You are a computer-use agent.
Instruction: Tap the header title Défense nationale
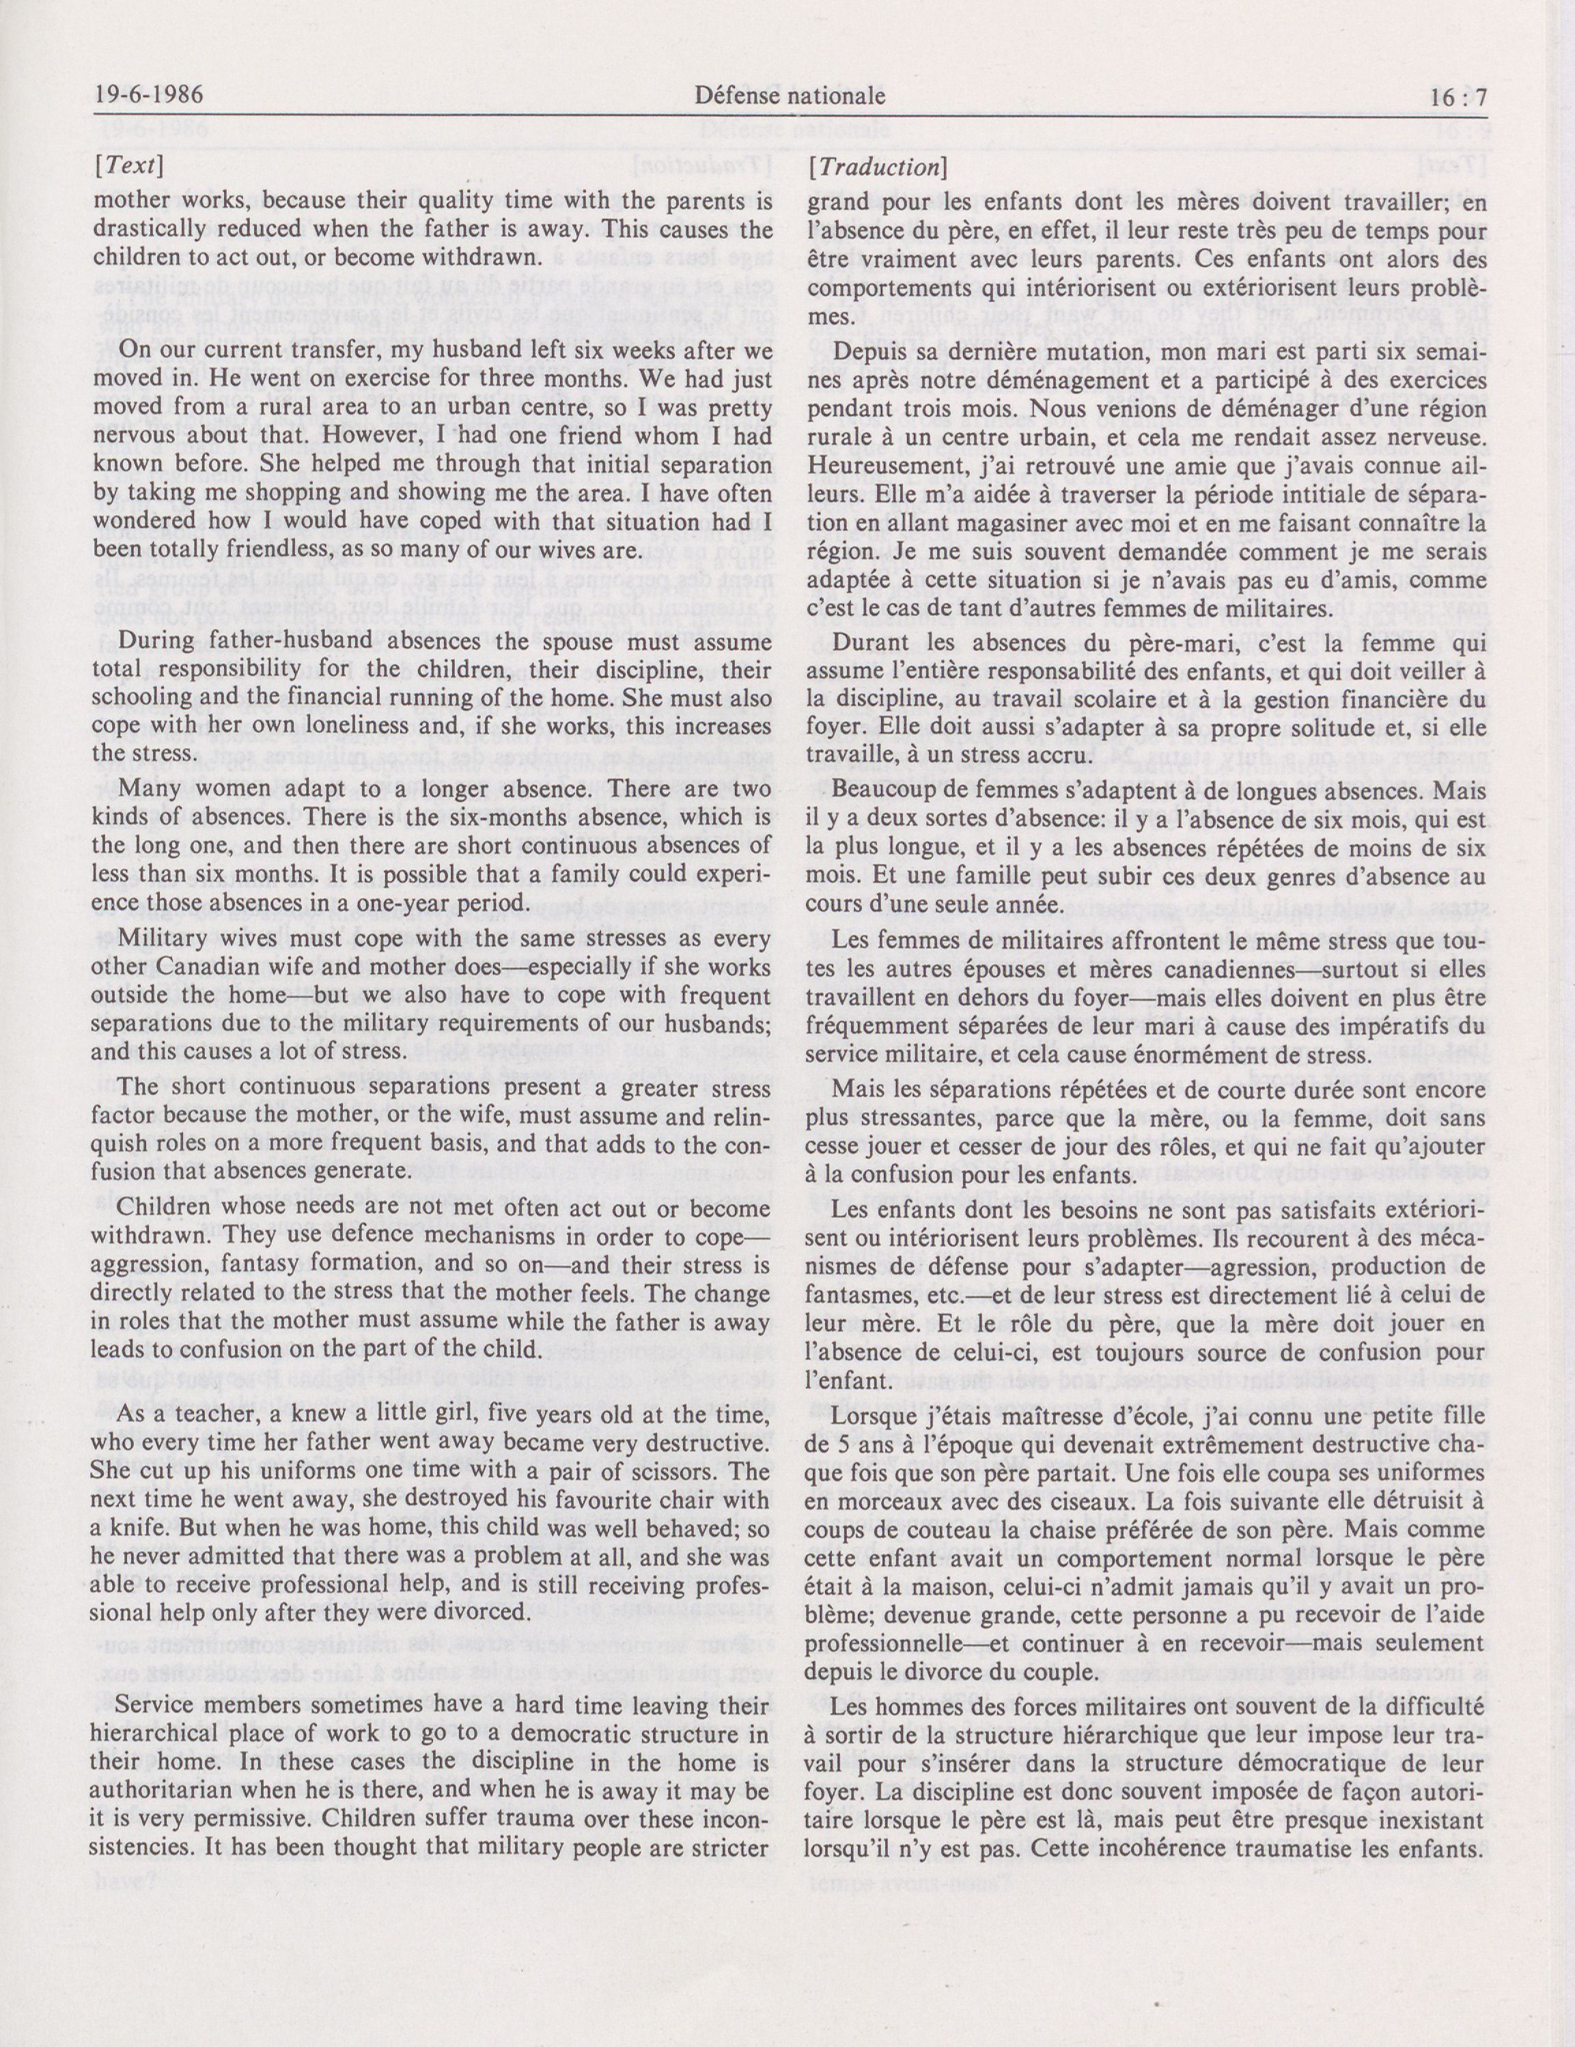pos(790,95)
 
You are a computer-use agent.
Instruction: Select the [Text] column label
pos(128,167)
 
